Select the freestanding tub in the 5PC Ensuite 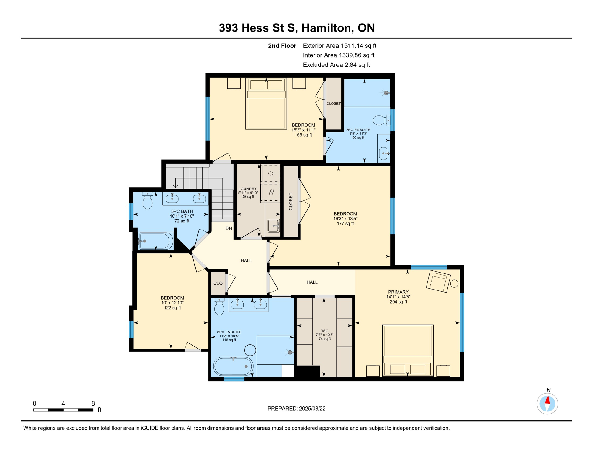(x=233, y=366)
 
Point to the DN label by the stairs (x=229, y=228)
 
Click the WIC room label (x=325, y=331)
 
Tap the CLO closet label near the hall (x=218, y=283)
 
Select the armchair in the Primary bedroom (x=438, y=281)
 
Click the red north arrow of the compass (x=548, y=400)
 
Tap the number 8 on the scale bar (x=93, y=403)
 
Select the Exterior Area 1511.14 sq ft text (x=339, y=46)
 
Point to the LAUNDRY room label (x=248, y=189)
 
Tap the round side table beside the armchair (x=454, y=284)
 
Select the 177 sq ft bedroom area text (x=345, y=223)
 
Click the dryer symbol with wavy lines (x=271, y=192)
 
